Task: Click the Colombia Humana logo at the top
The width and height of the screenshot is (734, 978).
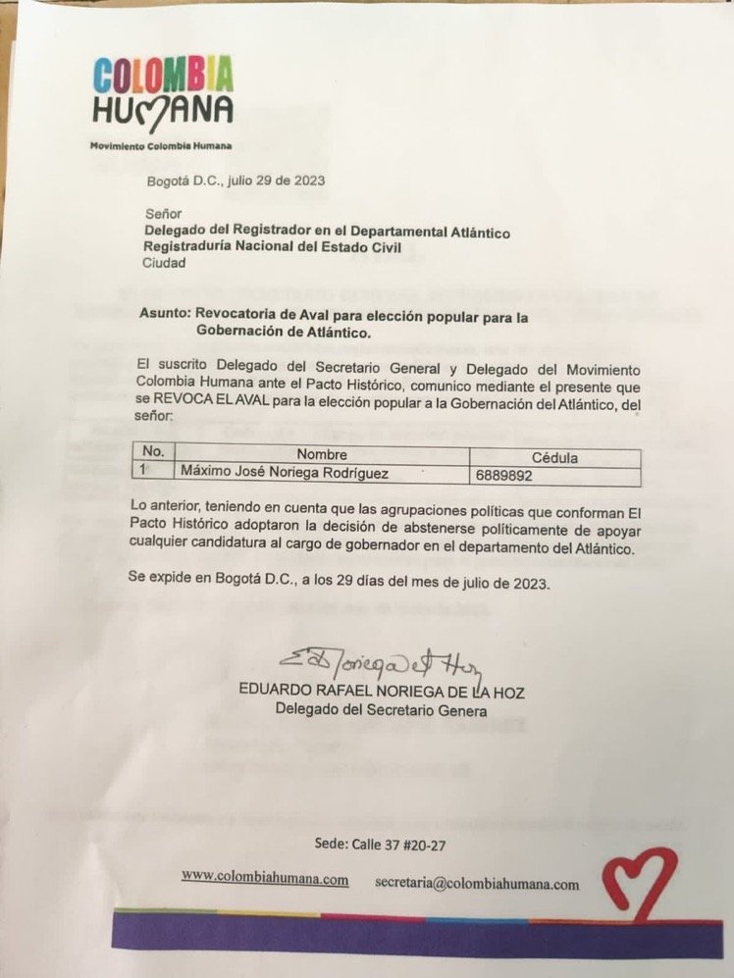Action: point(162,90)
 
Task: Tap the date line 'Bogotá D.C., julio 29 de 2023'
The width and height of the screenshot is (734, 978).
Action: point(236,180)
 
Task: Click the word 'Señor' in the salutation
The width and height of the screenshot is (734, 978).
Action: point(163,213)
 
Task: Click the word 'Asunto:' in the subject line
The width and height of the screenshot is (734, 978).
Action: point(166,316)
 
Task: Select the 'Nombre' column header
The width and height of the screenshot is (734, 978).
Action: point(323,455)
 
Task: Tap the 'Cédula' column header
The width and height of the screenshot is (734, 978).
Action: point(553,457)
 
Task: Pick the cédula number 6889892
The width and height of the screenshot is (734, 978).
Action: point(504,476)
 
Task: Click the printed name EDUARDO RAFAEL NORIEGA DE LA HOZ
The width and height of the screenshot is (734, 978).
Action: point(382,693)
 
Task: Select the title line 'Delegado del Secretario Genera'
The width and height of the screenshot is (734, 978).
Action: point(381,710)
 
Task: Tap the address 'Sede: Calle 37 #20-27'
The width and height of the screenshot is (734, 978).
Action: point(385,843)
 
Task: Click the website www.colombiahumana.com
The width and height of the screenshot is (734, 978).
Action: point(265,879)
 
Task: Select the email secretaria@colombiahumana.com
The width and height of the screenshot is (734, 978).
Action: point(477,883)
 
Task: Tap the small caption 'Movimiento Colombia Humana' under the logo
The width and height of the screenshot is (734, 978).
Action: point(161,146)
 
